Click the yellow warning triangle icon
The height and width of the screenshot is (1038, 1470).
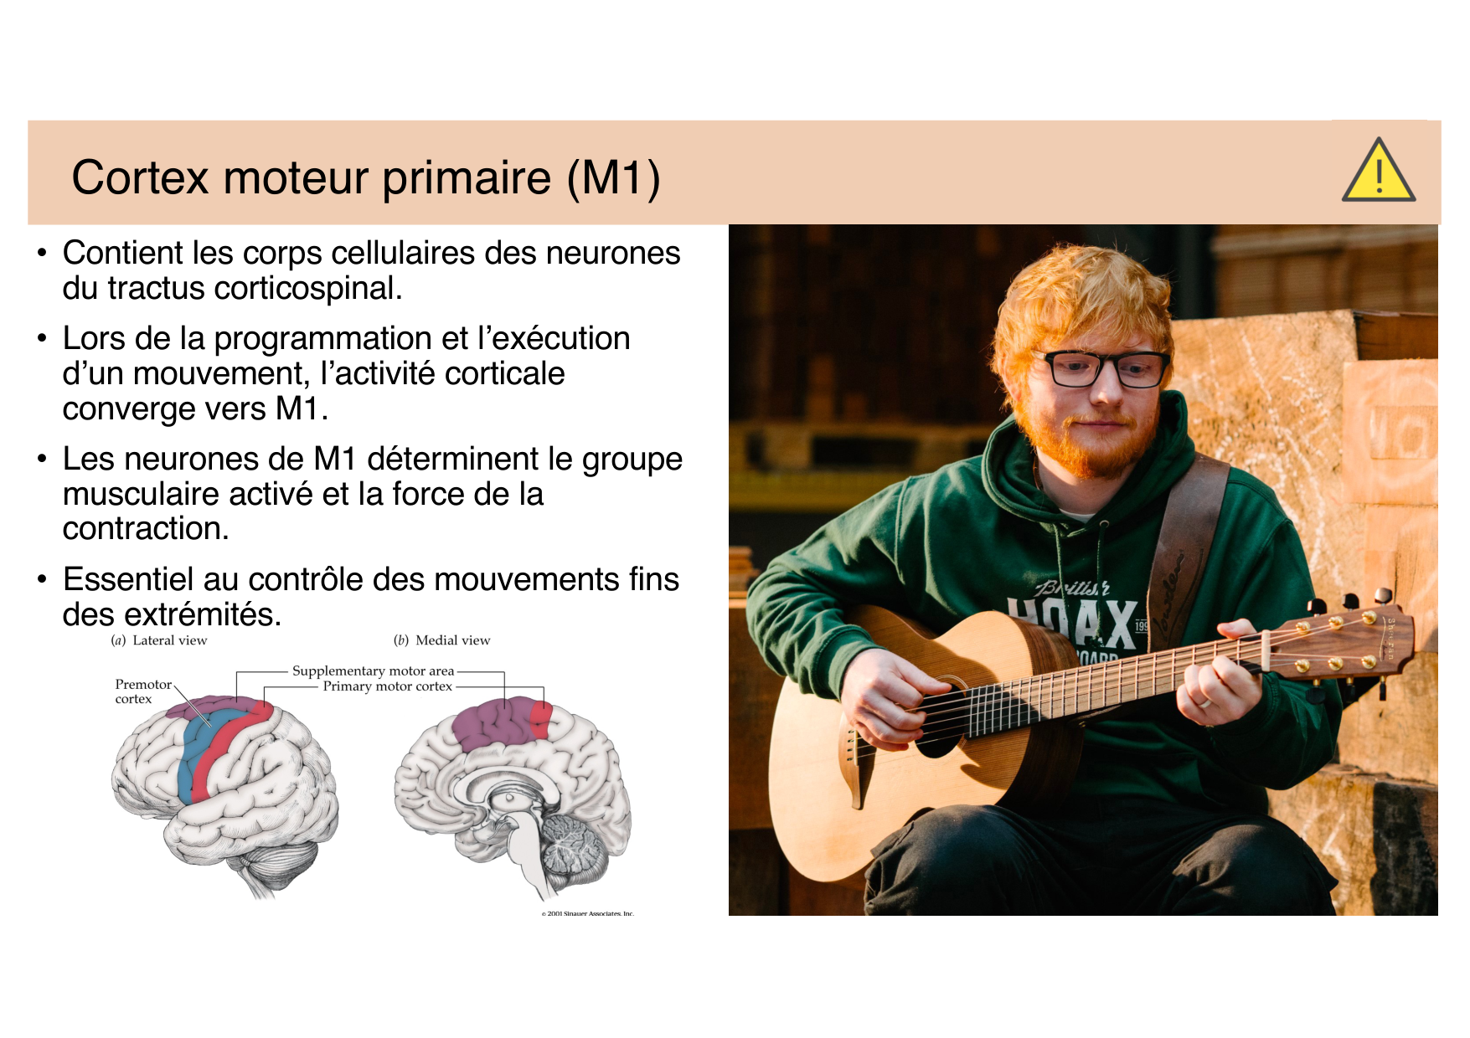click(1378, 172)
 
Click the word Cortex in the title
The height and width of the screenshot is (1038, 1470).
click(140, 177)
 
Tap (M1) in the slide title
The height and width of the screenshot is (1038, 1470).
click(613, 178)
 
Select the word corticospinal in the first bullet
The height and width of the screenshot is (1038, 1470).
click(308, 288)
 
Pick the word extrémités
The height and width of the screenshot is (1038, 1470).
click(203, 614)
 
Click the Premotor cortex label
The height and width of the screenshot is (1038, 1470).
click(143, 691)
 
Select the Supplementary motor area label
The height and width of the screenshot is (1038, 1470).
click(373, 671)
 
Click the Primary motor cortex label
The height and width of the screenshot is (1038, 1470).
click(388, 686)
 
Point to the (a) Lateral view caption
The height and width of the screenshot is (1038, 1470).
click(159, 640)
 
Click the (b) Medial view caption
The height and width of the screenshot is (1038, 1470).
click(442, 640)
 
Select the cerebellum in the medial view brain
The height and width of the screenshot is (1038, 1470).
click(574, 845)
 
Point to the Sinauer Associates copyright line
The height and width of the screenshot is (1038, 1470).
click(587, 913)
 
